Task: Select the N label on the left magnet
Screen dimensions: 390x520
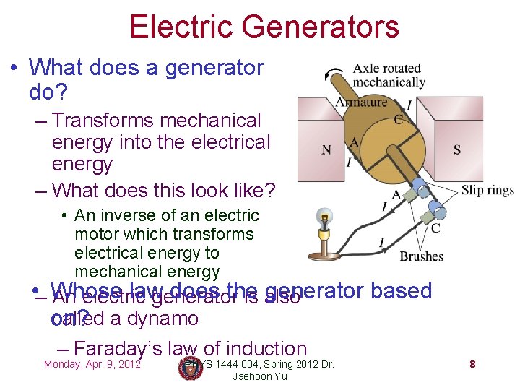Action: (x=326, y=150)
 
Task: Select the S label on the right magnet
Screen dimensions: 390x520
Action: (x=456, y=150)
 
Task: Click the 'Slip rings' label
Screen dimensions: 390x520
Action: (x=487, y=191)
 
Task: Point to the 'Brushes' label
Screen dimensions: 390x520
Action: (x=421, y=256)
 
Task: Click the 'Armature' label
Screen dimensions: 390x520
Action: (x=361, y=102)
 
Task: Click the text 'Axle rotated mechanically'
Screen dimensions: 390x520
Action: (x=388, y=75)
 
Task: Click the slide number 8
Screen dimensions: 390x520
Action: (x=472, y=365)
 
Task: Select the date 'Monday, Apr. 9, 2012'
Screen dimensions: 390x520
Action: (x=92, y=364)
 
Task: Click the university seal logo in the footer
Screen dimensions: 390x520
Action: (x=191, y=368)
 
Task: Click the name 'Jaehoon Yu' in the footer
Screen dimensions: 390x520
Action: (x=262, y=376)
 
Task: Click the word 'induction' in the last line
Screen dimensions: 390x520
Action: (x=266, y=348)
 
